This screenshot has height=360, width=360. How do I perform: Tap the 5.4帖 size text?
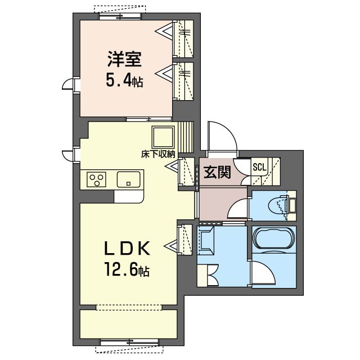point(125,80)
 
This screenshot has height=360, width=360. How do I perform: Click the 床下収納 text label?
point(158,153)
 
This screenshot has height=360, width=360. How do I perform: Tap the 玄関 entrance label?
point(217,172)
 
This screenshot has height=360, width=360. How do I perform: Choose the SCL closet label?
point(259,166)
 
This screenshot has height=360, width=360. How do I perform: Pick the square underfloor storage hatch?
point(164,137)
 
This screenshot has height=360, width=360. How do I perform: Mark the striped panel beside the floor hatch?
point(186,136)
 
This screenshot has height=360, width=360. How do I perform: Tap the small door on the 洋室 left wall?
point(69,84)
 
